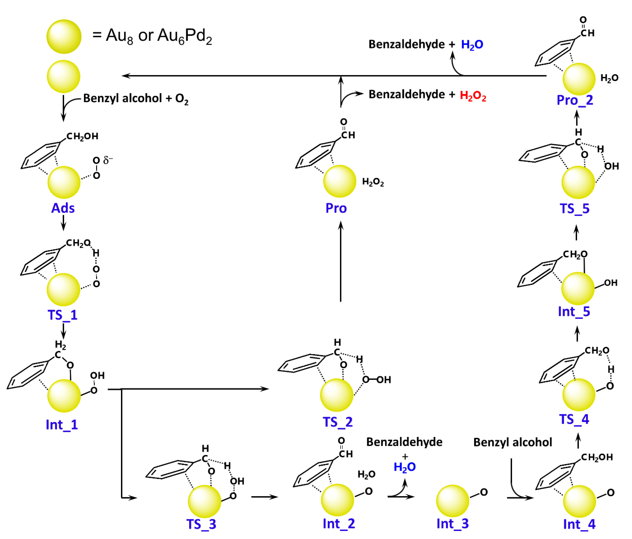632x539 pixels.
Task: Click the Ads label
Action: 63,208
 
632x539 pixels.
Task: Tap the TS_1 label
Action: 63,315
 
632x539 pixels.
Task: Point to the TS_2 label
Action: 338,422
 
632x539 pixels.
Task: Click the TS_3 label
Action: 201,524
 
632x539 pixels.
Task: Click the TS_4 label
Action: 574,419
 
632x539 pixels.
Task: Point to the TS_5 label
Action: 575,209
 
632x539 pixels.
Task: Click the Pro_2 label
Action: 575,100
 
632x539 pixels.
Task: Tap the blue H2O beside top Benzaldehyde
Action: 472,45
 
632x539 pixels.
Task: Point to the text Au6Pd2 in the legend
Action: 185,36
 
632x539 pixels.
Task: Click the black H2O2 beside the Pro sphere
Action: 373,182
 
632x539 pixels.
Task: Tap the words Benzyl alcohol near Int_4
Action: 512,442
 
